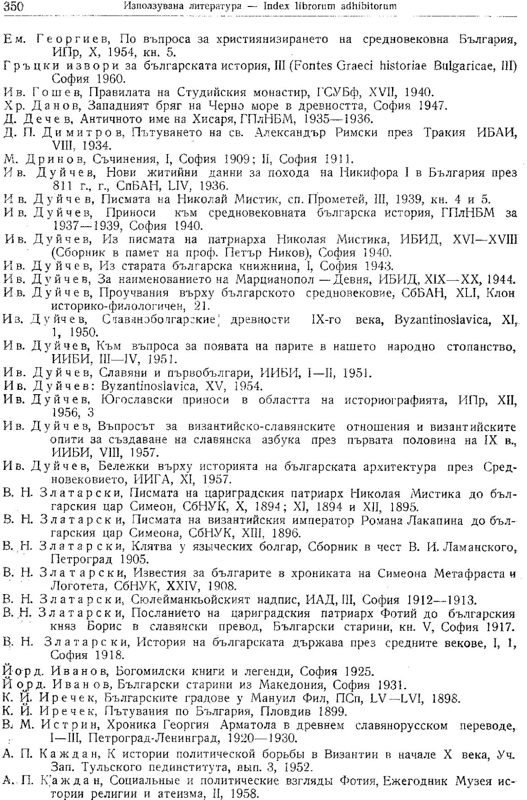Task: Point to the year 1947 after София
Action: tap(428, 106)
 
